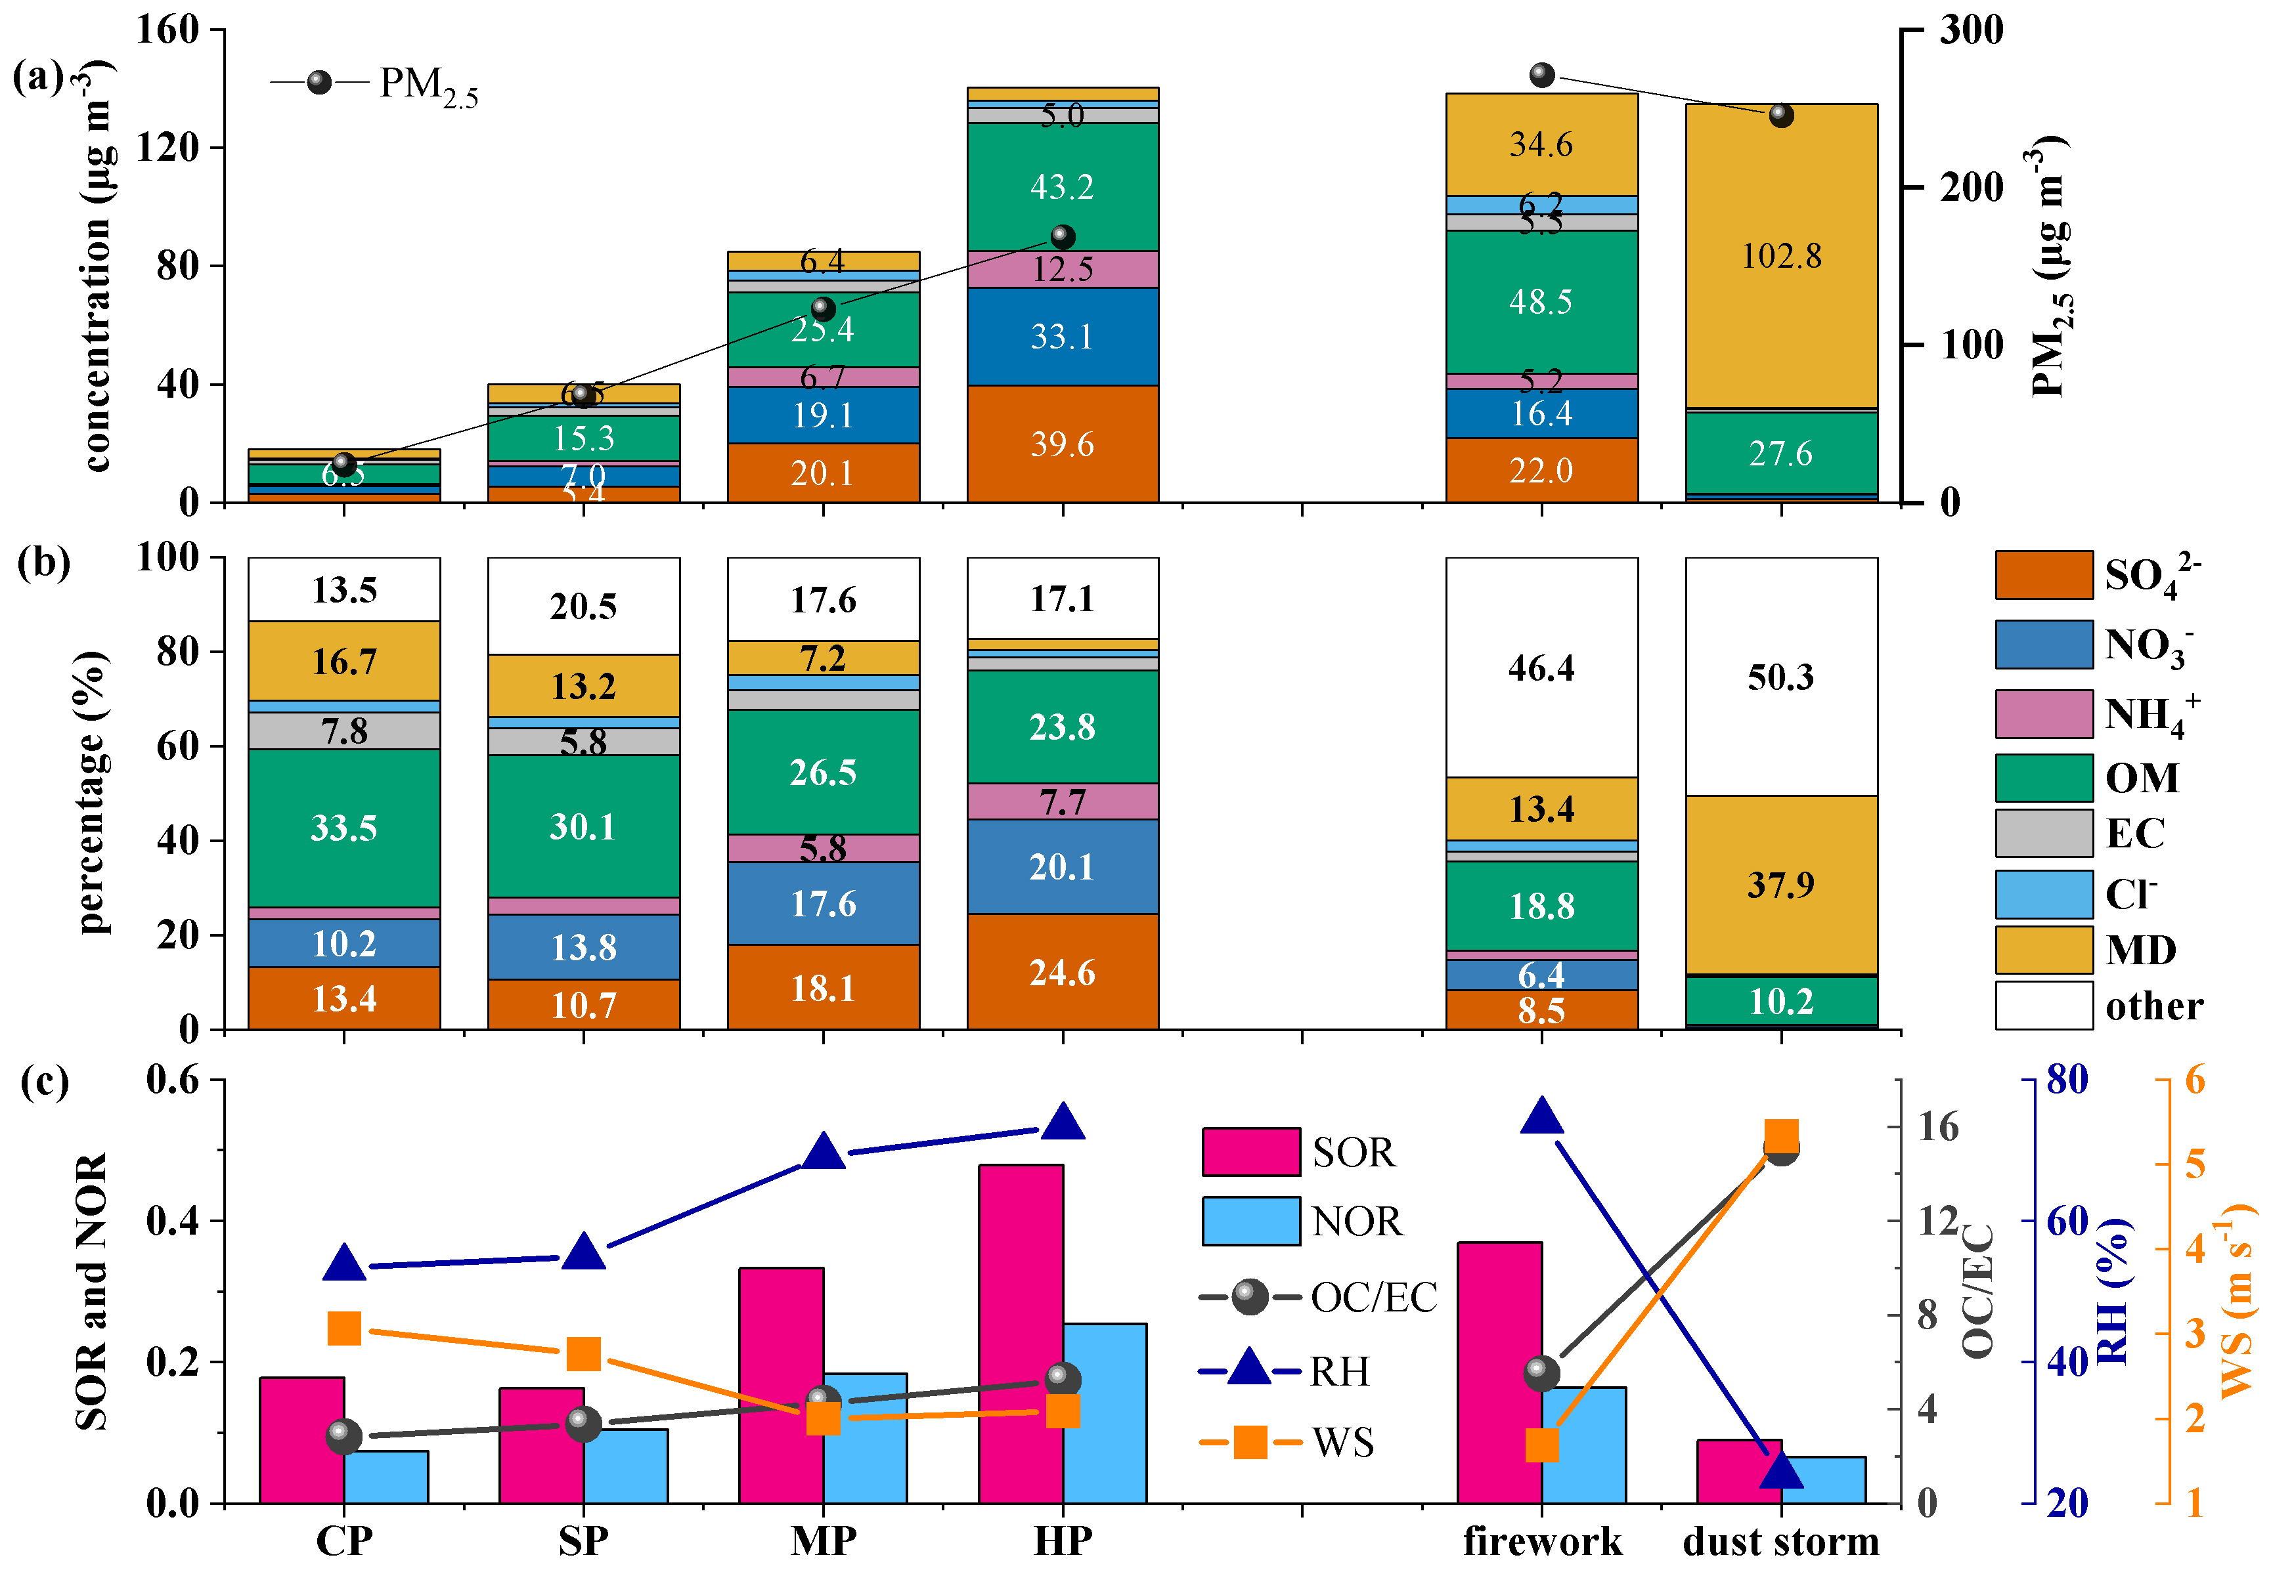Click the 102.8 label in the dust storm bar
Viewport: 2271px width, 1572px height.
[x=1780, y=256]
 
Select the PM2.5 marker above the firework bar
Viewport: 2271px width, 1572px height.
[x=1542, y=75]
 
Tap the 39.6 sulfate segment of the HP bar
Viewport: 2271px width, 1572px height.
[x=1062, y=444]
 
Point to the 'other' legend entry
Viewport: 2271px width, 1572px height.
[x=2153, y=1006]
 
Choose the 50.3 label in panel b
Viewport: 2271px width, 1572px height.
[x=1780, y=677]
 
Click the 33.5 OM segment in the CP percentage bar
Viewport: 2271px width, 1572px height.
[x=344, y=828]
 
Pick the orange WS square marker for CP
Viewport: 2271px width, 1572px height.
[x=344, y=1328]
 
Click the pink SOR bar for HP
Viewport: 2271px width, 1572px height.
[x=1021, y=1334]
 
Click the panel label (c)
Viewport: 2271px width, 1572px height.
[x=45, y=1082]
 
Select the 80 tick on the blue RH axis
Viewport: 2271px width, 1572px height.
[x=2067, y=1080]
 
